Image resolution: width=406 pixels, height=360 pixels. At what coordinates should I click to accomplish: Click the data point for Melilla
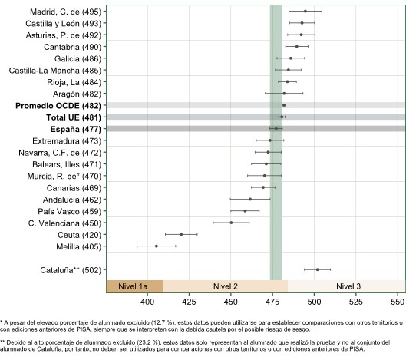157,246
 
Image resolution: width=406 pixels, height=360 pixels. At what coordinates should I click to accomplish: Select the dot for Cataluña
318,269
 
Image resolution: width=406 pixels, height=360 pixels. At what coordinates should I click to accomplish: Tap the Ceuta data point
181,234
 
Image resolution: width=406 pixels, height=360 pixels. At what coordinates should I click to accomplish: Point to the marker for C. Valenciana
231,223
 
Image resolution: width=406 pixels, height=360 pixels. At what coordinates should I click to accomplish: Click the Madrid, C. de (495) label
65,12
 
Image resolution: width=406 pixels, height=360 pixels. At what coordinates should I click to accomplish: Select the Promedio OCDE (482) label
58,106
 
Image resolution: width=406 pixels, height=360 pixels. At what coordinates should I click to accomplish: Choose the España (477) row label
76,129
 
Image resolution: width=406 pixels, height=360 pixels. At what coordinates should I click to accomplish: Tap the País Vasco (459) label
69,211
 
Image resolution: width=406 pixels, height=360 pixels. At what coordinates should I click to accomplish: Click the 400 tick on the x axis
147,302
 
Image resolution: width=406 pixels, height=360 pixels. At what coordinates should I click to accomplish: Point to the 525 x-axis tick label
356,302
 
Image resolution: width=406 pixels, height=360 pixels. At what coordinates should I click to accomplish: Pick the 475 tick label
272,302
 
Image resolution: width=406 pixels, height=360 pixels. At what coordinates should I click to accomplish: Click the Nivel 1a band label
133,286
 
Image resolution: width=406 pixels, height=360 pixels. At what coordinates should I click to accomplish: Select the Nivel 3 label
348,286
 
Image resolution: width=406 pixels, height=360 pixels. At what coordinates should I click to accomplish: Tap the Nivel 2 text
226,286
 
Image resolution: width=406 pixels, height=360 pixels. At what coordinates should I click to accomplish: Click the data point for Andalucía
250,199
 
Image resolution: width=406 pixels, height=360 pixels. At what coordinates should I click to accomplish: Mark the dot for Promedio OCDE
284,105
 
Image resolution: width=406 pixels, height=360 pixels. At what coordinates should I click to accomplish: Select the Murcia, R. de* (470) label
64,176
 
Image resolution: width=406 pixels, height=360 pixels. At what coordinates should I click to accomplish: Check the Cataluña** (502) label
71,270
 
